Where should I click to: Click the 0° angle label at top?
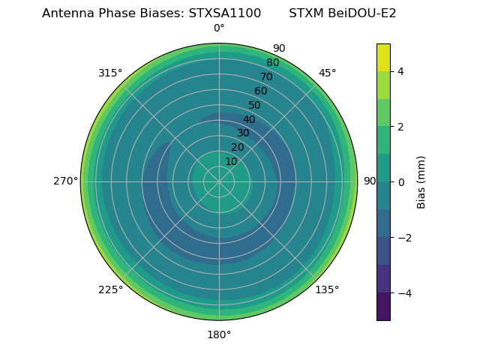point(219,28)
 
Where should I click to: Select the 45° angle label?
point(327,73)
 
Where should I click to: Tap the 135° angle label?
point(327,289)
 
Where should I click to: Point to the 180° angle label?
point(219,334)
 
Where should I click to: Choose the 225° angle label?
point(110,289)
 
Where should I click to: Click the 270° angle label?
point(65,181)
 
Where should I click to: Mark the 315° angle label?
point(110,73)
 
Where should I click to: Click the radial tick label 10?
point(231,161)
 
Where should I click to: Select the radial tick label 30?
point(243,133)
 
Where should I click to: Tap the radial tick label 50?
point(255,106)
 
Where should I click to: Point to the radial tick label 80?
point(272,63)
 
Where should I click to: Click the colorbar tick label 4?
point(400,71)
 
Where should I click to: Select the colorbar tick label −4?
point(403,293)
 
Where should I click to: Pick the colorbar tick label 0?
point(400,182)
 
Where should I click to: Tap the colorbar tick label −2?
point(403,238)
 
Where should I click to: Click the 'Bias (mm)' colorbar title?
point(421,182)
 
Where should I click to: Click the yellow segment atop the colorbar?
point(383,57)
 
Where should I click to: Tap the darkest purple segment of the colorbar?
point(383,307)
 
